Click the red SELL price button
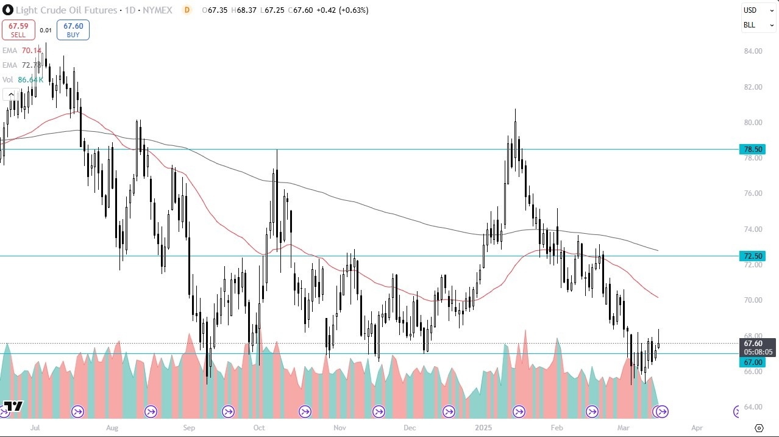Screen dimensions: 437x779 coord(18,29)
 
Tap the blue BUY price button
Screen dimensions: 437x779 coord(73,29)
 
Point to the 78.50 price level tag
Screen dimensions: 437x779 coord(752,149)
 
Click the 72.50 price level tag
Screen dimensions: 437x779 coord(752,256)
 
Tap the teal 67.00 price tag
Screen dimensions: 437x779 coord(752,362)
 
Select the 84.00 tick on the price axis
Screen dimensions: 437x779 coord(753,51)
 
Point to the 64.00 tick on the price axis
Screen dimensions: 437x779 coord(753,407)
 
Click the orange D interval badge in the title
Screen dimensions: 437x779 coord(187,10)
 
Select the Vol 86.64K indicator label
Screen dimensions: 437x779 coord(23,79)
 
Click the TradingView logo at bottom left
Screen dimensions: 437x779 coord(13,406)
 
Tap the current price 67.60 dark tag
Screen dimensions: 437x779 coord(752,344)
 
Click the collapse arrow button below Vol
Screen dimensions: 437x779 coord(10,94)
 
